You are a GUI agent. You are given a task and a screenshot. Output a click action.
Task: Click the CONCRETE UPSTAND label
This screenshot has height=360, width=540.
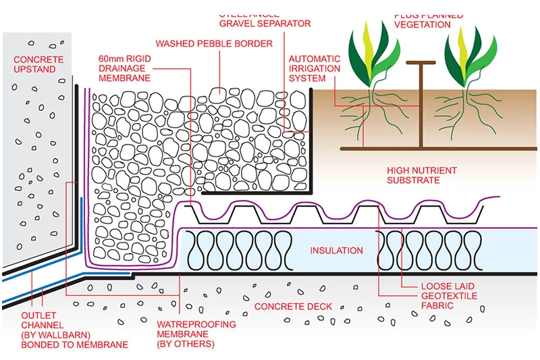[x=38, y=65]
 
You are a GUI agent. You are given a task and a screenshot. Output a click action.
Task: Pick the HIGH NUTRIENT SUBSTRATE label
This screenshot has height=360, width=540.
[x=422, y=176]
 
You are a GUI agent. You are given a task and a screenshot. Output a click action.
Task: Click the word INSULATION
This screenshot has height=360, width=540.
[x=336, y=251]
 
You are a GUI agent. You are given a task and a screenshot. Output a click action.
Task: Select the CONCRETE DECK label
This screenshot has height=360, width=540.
[x=293, y=307]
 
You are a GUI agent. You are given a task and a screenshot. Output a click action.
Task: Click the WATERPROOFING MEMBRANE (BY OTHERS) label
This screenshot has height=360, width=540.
[x=196, y=334]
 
